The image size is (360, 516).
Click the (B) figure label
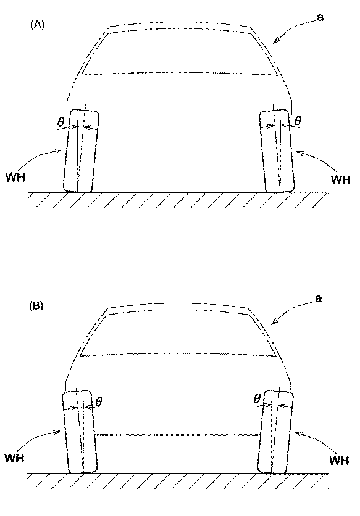37,305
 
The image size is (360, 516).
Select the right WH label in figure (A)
340,180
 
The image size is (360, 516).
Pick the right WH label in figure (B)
340,460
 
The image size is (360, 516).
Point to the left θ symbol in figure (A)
61,122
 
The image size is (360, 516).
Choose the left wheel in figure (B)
78,431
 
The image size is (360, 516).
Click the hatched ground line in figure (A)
179,200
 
